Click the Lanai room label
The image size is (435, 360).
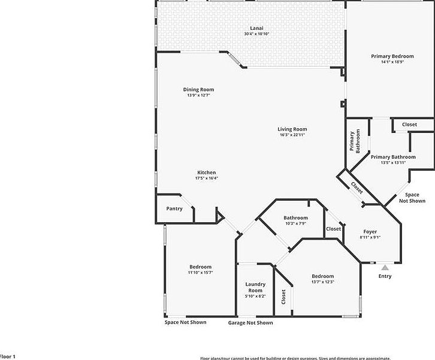(x=256, y=28)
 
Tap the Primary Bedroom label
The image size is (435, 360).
(x=392, y=56)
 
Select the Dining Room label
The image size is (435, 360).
(x=198, y=90)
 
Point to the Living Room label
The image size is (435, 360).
(x=292, y=129)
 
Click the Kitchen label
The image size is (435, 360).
(x=206, y=173)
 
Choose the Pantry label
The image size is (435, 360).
(x=174, y=209)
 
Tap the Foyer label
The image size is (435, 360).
(x=370, y=231)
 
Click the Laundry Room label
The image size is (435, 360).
(x=255, y=287)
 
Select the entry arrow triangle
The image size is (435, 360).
(x=385, y=267)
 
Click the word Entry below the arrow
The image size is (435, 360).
(x=385, y=276)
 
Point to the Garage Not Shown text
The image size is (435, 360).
(x=250, y=323)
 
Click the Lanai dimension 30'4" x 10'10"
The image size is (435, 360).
(x=256, y=34)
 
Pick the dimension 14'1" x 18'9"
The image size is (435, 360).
(x=392, y=62)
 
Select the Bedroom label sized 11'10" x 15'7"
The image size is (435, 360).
(x=200, y=267)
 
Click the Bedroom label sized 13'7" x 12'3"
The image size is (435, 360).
(x=322, y=276)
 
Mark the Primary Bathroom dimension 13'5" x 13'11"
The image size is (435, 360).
(x=393, y=162)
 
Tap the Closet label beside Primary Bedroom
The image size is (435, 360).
(x=410, y=125)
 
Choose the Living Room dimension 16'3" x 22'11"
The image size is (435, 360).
(x=292, y=135)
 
